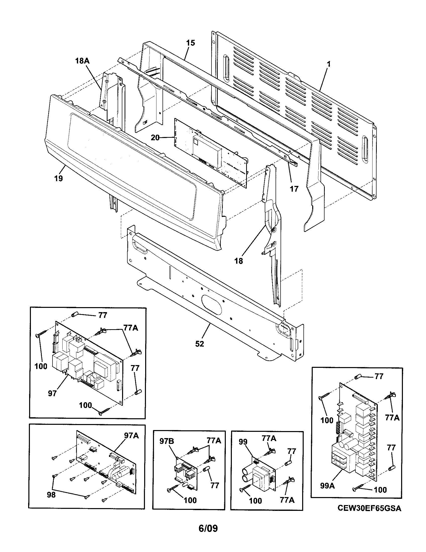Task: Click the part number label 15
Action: [x=190, y=43]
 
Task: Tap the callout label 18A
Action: [x=82, y=61]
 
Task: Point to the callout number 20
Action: [x=155, y=137]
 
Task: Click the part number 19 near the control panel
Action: [x=58, y=178]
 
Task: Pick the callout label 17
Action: [x=294, y=189]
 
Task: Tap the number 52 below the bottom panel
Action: [x=199, y=344]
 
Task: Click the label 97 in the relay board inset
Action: [x=52, y=393]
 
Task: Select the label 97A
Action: [x=131, y=436]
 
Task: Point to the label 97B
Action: [x=167, y=441]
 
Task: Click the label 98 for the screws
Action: [x=51, y=495]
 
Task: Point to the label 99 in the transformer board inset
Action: [x=243, y=442]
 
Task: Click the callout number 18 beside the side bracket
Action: [x=238, y=261]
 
